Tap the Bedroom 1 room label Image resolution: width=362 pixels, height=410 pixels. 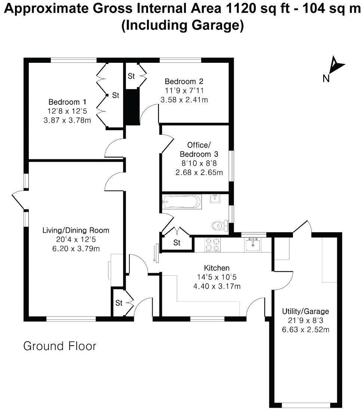pos(64,102)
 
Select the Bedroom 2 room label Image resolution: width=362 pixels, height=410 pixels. pos(184,82)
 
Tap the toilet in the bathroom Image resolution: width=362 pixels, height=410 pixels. pos(219,225)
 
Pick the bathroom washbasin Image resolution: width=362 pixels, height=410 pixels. pos(215,199)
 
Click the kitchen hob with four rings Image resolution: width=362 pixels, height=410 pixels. pos(213,245)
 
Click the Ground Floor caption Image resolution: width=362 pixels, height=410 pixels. pos(60,346)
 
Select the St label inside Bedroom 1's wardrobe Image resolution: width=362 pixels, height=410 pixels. pos(116,96)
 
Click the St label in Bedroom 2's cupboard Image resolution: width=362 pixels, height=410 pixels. pos(131,76)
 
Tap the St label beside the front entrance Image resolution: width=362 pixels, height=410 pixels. pos(119,303)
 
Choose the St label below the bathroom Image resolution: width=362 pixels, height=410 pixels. pos(177,243)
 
